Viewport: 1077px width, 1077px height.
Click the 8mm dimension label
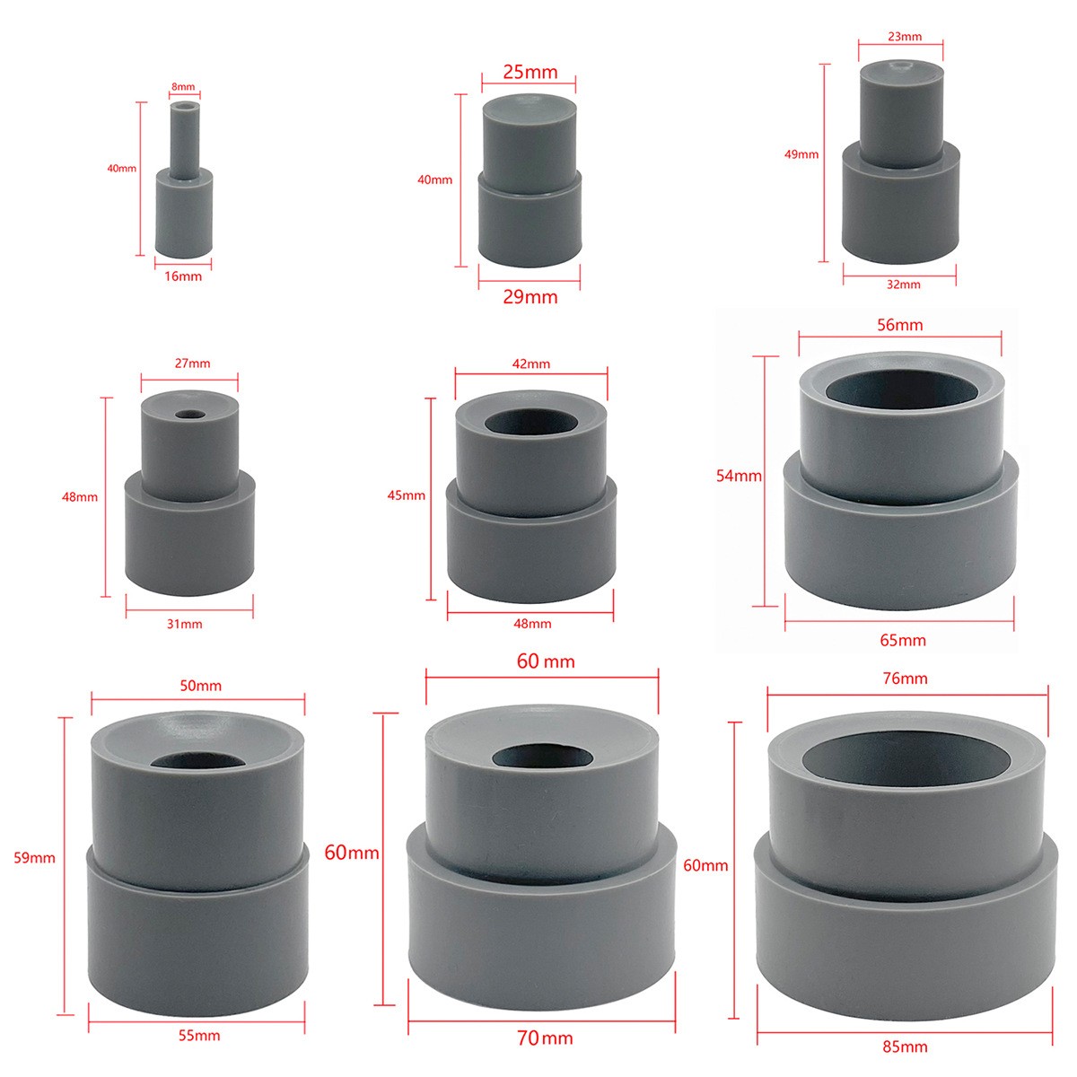pos(183,87)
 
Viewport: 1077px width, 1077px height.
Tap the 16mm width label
pos(183,276)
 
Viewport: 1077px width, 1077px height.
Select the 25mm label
pos(530,72)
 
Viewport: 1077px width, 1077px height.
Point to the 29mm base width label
pos(530,297)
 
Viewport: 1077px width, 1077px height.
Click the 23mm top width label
pos(905,37)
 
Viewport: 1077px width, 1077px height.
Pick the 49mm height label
pos(801,154)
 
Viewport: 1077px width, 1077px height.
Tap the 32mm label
pos(903,285)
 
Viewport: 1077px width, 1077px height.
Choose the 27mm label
pos(192,363)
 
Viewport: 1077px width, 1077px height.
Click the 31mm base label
pos(185,624)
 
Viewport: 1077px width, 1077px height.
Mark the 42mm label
pos(531,363)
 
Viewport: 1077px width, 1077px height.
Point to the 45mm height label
pos(407,495)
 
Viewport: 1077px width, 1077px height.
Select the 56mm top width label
pos(900,325)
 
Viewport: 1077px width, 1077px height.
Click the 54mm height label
pos(739,476)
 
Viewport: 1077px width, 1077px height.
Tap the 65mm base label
pos(903,641)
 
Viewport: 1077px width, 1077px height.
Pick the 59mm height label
pos(35,858)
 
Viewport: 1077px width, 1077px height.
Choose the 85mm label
pos(905,1046)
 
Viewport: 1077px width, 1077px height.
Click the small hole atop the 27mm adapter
pos(189,416)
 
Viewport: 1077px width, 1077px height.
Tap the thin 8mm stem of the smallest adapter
pos(185,140)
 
